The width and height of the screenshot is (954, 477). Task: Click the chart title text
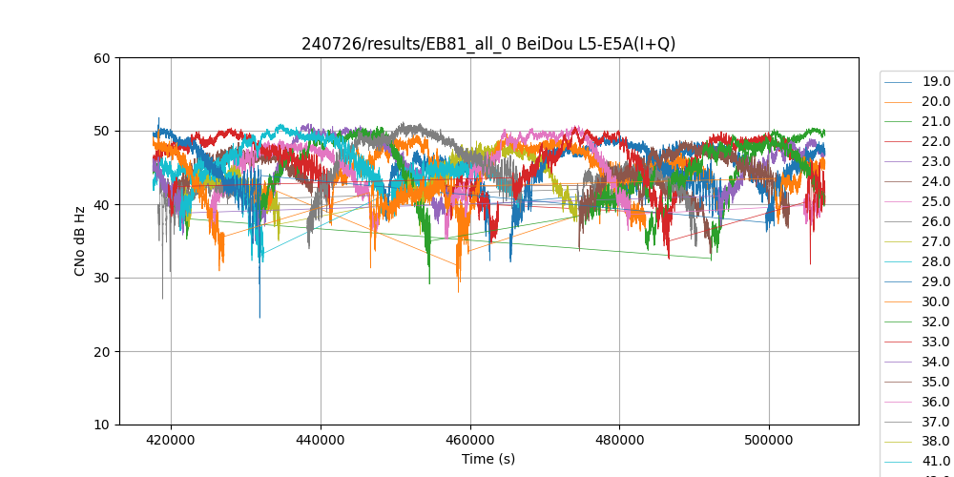coord(488,44)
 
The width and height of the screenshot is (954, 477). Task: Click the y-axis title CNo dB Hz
coord(80,241)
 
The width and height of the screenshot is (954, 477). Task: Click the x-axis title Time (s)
coord(488,459)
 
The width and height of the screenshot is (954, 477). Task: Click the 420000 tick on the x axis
coord(172,440)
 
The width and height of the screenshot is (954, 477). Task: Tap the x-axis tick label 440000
coord(321,440)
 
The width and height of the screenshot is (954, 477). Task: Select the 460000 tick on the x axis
coord(470,440)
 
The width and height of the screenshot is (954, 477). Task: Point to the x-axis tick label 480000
coord(619,440)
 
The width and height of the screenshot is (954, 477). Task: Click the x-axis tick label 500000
coord(769,440)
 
